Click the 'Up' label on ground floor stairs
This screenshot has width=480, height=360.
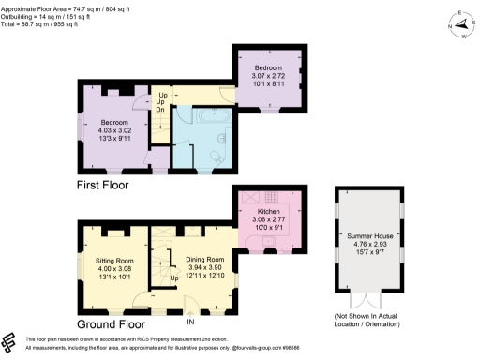coord(173,278)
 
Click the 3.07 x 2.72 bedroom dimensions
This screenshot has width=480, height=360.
coord(274,75)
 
